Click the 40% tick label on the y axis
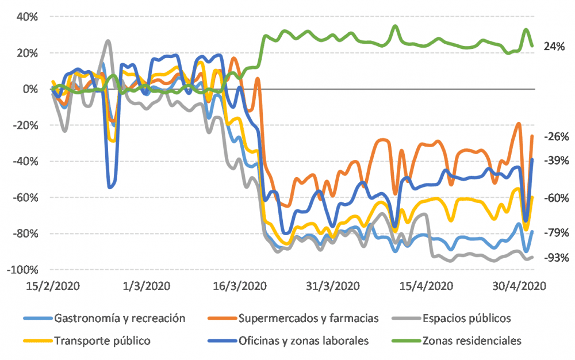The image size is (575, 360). coord(27,17)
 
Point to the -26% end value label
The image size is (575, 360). coord(555,137)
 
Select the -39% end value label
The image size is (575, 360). coord(555,162)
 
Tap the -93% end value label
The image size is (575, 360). coord(555,258)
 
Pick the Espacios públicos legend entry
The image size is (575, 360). coord(466,317)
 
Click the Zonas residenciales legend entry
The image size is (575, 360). coord(471,340)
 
